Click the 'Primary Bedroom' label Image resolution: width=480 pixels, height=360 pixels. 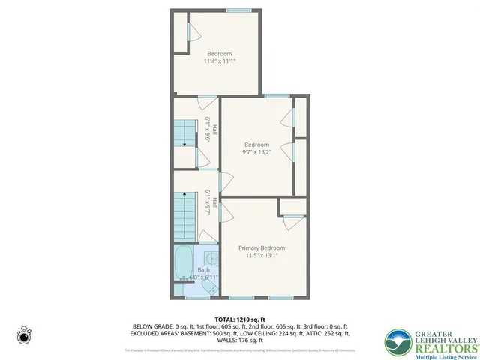click(x=262, y=247)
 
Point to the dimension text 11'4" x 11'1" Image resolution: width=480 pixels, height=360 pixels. click(x=219, y=61)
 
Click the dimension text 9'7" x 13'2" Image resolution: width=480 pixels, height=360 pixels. click(x=256, y=153)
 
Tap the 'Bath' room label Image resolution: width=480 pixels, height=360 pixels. click(x=203, y=270)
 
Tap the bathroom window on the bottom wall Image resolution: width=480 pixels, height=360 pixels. click(x=196, y=298)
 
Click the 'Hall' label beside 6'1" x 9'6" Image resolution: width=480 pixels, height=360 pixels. click(x=214, y=129)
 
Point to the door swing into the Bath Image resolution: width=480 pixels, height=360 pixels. click(x=205, y=237)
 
